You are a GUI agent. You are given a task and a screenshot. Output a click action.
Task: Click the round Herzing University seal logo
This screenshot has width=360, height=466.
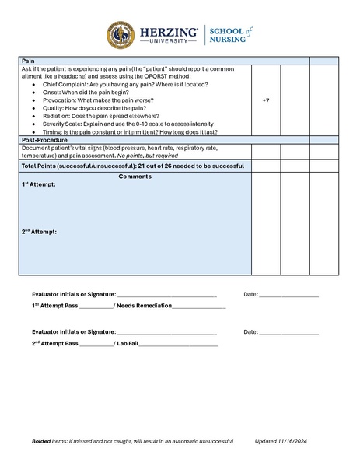(121, 36)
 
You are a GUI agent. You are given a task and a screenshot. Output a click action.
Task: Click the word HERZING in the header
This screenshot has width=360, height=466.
(168, 32)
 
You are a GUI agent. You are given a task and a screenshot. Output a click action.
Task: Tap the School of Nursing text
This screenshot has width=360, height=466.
(229, 35)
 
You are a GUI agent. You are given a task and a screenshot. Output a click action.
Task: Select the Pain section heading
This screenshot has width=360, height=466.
(28, 61)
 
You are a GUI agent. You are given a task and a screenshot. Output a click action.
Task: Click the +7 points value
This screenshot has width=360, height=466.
(266, 100)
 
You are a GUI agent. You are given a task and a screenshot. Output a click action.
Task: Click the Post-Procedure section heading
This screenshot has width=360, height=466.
(45, 140)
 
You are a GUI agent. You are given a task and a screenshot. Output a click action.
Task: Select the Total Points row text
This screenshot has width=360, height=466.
(132, 166)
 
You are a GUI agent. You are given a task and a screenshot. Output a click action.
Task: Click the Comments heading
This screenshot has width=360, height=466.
(135, 177)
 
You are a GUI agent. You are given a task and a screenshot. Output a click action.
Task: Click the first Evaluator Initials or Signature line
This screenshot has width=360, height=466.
(166, 296)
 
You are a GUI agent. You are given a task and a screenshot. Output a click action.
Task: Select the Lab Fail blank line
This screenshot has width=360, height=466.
(179, 343)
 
